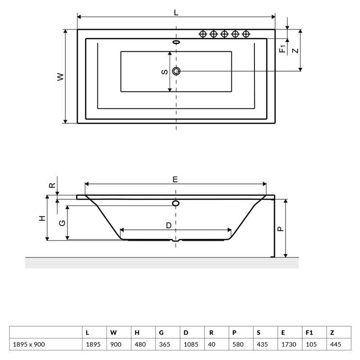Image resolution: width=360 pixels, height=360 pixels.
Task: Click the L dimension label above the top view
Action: [x=176, y=12]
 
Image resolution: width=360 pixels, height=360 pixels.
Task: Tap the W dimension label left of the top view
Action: [x=60, y=77]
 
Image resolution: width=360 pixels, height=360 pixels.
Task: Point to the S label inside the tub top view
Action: [x=165, y=72]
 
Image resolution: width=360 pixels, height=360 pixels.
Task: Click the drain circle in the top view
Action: [x=176, y=71]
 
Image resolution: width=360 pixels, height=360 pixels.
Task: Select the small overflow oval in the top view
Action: [x=176, y=42]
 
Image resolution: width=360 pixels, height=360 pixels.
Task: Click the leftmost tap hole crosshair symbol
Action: [x=203, y=34]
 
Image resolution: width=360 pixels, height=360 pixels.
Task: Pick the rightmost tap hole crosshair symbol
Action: [x=246, y=34]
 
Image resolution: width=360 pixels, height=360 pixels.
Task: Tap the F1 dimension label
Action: [x=283, y=48]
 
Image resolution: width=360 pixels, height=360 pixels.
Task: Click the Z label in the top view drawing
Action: [x=296, y=50]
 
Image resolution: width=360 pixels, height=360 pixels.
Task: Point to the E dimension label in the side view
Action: [x=175, y=180]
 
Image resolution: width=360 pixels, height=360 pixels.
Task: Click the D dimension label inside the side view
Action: [x=169, y=226]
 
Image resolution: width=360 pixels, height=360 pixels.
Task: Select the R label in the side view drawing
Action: [x=52, y=185]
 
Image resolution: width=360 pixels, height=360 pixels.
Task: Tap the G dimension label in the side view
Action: [x=62, y=223]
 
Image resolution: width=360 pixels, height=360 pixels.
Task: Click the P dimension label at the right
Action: [x=281, y=229]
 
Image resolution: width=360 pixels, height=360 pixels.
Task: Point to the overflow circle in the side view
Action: [x=176, y=203]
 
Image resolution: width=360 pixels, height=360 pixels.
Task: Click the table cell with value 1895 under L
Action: [x=93, y=344]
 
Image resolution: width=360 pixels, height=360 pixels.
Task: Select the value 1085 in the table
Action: [x=191, y=344]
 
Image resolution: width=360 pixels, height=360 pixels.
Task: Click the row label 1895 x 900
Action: [x=29, y=344]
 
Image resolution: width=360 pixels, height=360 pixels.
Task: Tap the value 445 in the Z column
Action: [x=336, y=344]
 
